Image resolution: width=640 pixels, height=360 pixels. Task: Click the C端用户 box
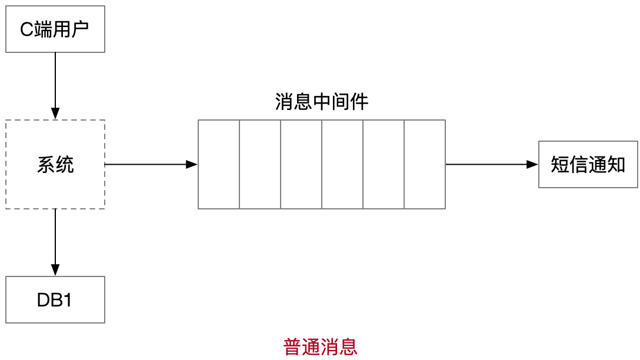pos(55,29)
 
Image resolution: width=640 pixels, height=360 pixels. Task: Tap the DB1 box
pos(55,300)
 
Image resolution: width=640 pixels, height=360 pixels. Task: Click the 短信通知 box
pos(588,165)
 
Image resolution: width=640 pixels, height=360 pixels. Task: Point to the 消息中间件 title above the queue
pos(322,102)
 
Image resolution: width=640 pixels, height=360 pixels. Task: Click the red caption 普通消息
pos(321,346)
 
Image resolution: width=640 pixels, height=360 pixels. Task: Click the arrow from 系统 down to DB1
pos(55,241)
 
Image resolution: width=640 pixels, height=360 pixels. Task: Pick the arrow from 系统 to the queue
pos(150,165)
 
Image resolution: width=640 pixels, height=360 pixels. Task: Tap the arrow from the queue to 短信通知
pos(491,165)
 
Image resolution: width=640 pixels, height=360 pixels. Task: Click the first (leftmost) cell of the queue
pos(219,164)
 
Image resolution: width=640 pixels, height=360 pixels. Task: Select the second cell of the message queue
pos(260,164)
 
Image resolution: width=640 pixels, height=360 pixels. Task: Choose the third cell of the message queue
pos(301,164)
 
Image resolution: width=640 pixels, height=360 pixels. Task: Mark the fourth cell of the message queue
pos(342,164)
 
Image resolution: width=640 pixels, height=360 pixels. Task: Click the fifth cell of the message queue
pos(384,164)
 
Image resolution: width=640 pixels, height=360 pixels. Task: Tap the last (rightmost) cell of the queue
pos(425,164)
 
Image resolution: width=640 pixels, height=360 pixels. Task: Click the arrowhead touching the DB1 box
pos(55,271)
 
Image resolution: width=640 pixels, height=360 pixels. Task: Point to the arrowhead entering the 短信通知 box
pos(532,165)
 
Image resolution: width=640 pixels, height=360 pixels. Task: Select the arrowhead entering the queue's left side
pos(192,165)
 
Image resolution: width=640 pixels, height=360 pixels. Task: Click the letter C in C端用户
pos(26,29)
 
